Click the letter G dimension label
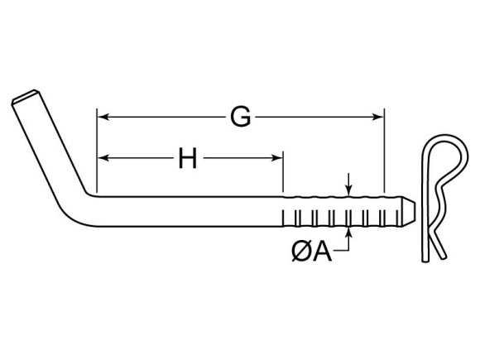pos(240,118)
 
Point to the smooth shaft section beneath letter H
pos(190,211)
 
